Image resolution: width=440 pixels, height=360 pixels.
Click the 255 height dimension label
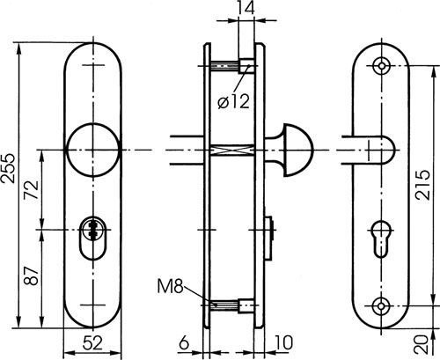click(x=8, y=168)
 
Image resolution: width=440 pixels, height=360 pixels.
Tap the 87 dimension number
click(x=32, y=276)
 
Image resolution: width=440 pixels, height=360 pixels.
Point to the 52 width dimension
click(x=92, y=343)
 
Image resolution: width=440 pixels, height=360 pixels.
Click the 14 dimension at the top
click(x=246, y=8)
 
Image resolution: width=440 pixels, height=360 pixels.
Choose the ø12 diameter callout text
click(x=234, y=101)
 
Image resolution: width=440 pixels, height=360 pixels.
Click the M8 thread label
click(x=171, y=286)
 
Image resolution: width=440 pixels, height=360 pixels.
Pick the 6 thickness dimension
click(x=184, y=342)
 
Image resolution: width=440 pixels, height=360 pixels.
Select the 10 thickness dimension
click(x=283, y=342)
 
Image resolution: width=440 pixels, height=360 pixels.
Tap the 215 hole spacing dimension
click(x=422, y=185)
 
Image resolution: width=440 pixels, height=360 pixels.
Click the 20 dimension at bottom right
click(x=422, y=344)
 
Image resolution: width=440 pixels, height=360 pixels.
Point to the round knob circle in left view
click(x=93, y=124)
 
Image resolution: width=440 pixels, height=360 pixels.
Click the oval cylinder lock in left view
click(x=93, y=238)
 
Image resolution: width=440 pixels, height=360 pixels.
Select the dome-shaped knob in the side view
click(x=295, y=151)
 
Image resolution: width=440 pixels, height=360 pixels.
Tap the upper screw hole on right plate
click(x=381, y=65)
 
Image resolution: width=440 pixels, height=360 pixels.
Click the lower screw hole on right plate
click(x=381, y=305)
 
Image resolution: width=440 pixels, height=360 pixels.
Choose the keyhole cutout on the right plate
click(x=381, y=239)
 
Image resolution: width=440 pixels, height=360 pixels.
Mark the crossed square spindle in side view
click(x=232, y=150)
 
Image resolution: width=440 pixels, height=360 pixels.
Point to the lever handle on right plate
click(x=370, y=150)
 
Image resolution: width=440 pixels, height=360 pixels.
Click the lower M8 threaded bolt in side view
click(x=231, y=305)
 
